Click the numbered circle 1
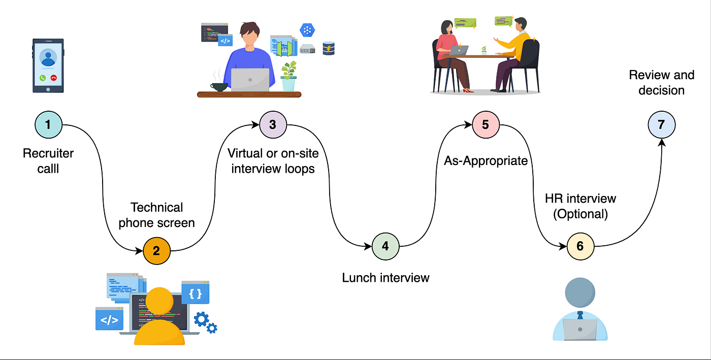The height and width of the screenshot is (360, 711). tap(48, 124)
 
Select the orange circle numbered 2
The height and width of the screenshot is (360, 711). tap(156, 250)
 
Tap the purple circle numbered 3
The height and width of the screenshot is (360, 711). tap(273, 124)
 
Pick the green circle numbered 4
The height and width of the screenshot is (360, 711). tap(385, 247)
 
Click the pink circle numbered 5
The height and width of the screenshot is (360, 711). tap(486, 124)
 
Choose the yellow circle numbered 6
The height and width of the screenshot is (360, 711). tap(580, 246)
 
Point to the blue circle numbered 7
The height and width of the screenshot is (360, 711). tap(661, 124)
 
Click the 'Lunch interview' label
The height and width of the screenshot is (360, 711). tap(385, 278)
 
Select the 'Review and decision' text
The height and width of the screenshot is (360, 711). tap(661, 83)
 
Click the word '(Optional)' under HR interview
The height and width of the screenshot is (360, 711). tap(580, 213)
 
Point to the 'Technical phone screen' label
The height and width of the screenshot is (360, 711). tap(156, 215)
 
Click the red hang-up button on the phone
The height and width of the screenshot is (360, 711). tap(54, 78)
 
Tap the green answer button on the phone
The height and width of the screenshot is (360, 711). tap(42, 78)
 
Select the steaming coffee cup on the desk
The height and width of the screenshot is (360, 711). tap(219, 86)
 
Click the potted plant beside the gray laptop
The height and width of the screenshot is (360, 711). tap(288, 76)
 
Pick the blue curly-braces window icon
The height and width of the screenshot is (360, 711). tap(196, 293)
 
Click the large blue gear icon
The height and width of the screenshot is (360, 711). tap(202, 319)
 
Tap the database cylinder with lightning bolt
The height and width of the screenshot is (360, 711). tap(329, 48)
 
